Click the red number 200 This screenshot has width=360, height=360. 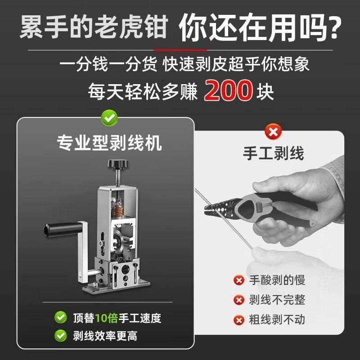tap(228, 91)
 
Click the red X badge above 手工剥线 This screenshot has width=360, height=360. tap(273, 132)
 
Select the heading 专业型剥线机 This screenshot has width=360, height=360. tap(109, 144)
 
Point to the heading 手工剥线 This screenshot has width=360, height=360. tap(273, 153)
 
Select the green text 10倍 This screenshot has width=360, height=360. tap(106, 318)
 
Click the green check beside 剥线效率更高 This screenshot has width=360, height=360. tap(60, 335)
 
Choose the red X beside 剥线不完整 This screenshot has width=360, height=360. tap(238, 300)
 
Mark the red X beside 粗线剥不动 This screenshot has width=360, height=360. tap(238, 319)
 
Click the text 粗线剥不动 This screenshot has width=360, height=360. tap(277, 319)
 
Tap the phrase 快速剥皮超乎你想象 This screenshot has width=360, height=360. tap(237, 64)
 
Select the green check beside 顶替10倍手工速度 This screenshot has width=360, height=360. tap(60, 318)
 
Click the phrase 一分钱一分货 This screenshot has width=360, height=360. tap(108, 64)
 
